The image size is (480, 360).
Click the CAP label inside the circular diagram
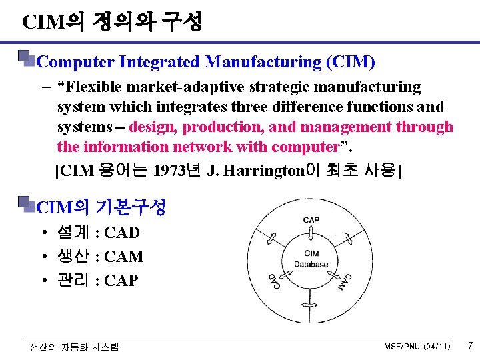[311, 220]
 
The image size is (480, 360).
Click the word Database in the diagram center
[311, 264]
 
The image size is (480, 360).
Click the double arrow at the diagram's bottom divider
[311, 305]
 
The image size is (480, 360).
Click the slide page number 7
[469, 345]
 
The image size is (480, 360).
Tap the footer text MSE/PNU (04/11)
[417, 347]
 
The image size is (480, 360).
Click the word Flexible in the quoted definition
[91, 87]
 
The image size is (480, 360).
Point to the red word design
[151, 127]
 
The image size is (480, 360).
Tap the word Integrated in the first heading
[159, 63]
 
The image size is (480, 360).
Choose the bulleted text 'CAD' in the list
[122, 233]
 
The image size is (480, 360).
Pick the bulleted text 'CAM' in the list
[124, 257]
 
